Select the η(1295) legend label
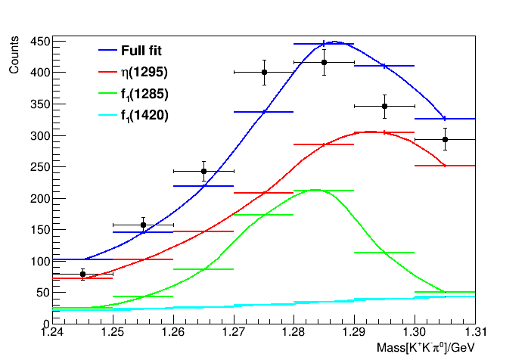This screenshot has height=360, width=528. click(144, 73)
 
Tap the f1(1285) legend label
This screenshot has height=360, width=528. click(144, 95)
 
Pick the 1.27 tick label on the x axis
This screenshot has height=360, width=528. click(234, 333)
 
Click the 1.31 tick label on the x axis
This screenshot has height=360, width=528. click(475, 333)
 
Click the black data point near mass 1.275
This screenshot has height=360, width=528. click(264, 72)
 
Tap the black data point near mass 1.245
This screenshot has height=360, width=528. click(82, 275)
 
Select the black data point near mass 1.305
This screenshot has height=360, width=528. click(445, 139)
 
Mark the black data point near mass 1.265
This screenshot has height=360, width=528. click(203, 171)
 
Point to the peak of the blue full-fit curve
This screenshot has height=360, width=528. click(335, 42)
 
